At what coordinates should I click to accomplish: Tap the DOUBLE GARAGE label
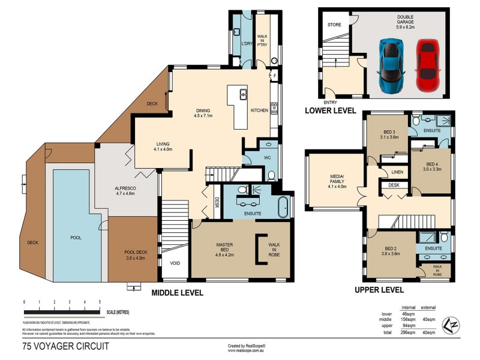pyautogui.click(x=406, y=22)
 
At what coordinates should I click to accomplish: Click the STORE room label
pyautogui.click(x=334, y=25)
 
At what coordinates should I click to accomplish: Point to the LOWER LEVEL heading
pyautogui.click(x=331, y=110)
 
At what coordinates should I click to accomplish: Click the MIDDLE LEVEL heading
pyautogui.click(x=177, y=293)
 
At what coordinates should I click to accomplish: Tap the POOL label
pyautogui.click(x=76, y=238)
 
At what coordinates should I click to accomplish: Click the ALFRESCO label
pyautogui.click(x=127, y=191)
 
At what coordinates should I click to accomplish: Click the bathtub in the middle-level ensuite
pyautogui.click(x=284, y=206)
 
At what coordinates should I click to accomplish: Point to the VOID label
pyautogui.click(x=175, y=263)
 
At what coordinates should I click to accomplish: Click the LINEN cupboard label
pyautogui.click(x=397, y=172)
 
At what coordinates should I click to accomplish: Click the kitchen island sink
pyautogui.click(x=244, y=94)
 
